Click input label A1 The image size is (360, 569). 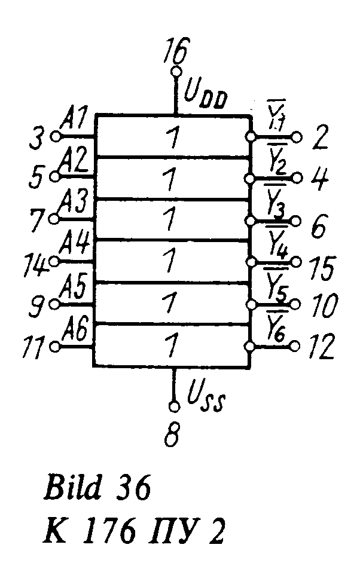tap(74, 117)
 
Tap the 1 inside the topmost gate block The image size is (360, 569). tap(173, 139)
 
